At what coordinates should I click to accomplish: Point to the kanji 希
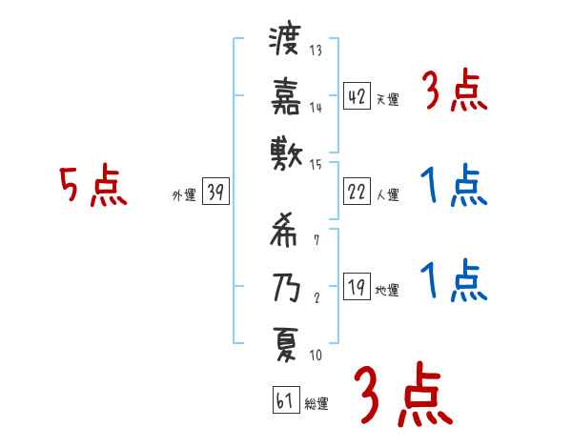(x=283, y=231)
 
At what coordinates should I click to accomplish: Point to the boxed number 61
(x=284, y=400)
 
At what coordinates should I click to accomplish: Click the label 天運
(x=387, y=99)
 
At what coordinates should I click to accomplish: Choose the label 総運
(x=317, y=403)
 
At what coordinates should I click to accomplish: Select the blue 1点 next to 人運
(x=453, y=186)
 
